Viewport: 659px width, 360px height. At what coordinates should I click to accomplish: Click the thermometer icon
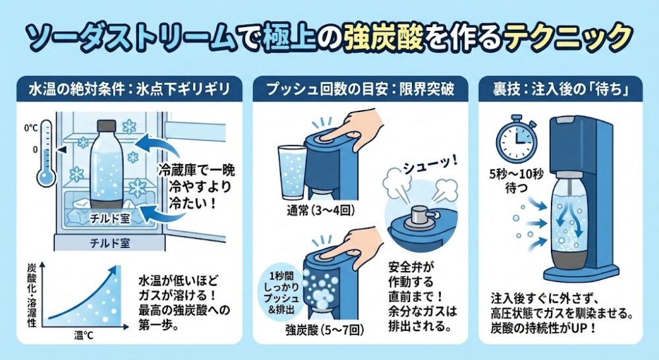click(47, 154)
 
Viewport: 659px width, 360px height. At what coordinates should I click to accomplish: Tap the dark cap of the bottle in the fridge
click(106, 126)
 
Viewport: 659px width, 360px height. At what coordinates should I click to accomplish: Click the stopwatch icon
click(516, 137)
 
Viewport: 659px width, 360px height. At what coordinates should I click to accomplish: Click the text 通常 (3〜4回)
click(320, 210)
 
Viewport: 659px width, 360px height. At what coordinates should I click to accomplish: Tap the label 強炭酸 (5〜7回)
click(323, 330)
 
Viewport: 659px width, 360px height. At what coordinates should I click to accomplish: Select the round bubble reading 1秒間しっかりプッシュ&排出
click(281, 293)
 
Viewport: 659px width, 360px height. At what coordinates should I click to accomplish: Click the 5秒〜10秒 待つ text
click(516, 181)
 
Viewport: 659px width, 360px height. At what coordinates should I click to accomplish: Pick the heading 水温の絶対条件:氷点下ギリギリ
click(130, 89)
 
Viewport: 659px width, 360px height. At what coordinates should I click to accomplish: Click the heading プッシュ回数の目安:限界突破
click(360, 89)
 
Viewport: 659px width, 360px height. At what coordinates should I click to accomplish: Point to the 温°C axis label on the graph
click(84, 335)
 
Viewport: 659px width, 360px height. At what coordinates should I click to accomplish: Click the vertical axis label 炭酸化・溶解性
click(32, 295)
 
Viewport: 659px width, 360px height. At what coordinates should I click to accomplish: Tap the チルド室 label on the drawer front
click(109, 243)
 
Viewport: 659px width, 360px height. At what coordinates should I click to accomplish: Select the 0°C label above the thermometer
click(31, 127)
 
